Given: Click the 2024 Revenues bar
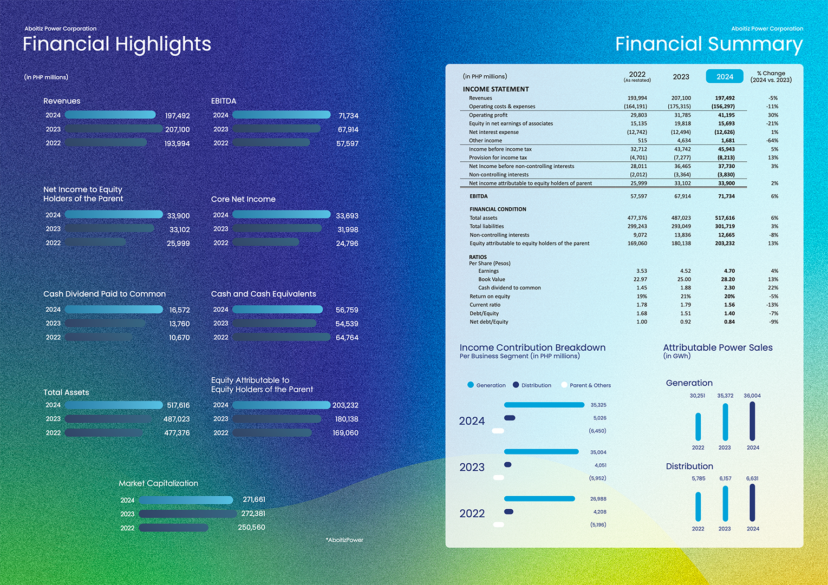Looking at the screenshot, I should tap(110, 115).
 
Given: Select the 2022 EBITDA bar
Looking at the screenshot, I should tap(271, 142).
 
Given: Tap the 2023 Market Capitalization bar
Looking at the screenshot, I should tap(187, 514).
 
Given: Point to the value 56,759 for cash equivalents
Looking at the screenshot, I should tap(347, 310).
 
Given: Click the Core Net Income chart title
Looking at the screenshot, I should tap(243, 199).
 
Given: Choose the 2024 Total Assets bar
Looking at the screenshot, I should tap(114, 405).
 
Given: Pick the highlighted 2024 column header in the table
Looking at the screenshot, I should tap(725, 76).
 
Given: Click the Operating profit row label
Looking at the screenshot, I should tap(488, 115).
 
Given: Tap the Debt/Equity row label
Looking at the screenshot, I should tap(484, 313).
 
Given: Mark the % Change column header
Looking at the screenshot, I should tap(771, 76).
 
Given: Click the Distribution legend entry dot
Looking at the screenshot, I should tap(516, 385).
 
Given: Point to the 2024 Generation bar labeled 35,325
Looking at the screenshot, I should tap(544, 405).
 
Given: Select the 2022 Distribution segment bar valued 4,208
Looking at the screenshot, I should tap(508, 511).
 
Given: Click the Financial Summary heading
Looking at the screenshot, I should tap(708, 44).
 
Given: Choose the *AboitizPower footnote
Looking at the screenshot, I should tap(344, 540).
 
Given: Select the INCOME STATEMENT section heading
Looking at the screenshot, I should tap(496, 89).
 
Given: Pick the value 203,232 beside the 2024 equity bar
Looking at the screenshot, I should tap(345, 405).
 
